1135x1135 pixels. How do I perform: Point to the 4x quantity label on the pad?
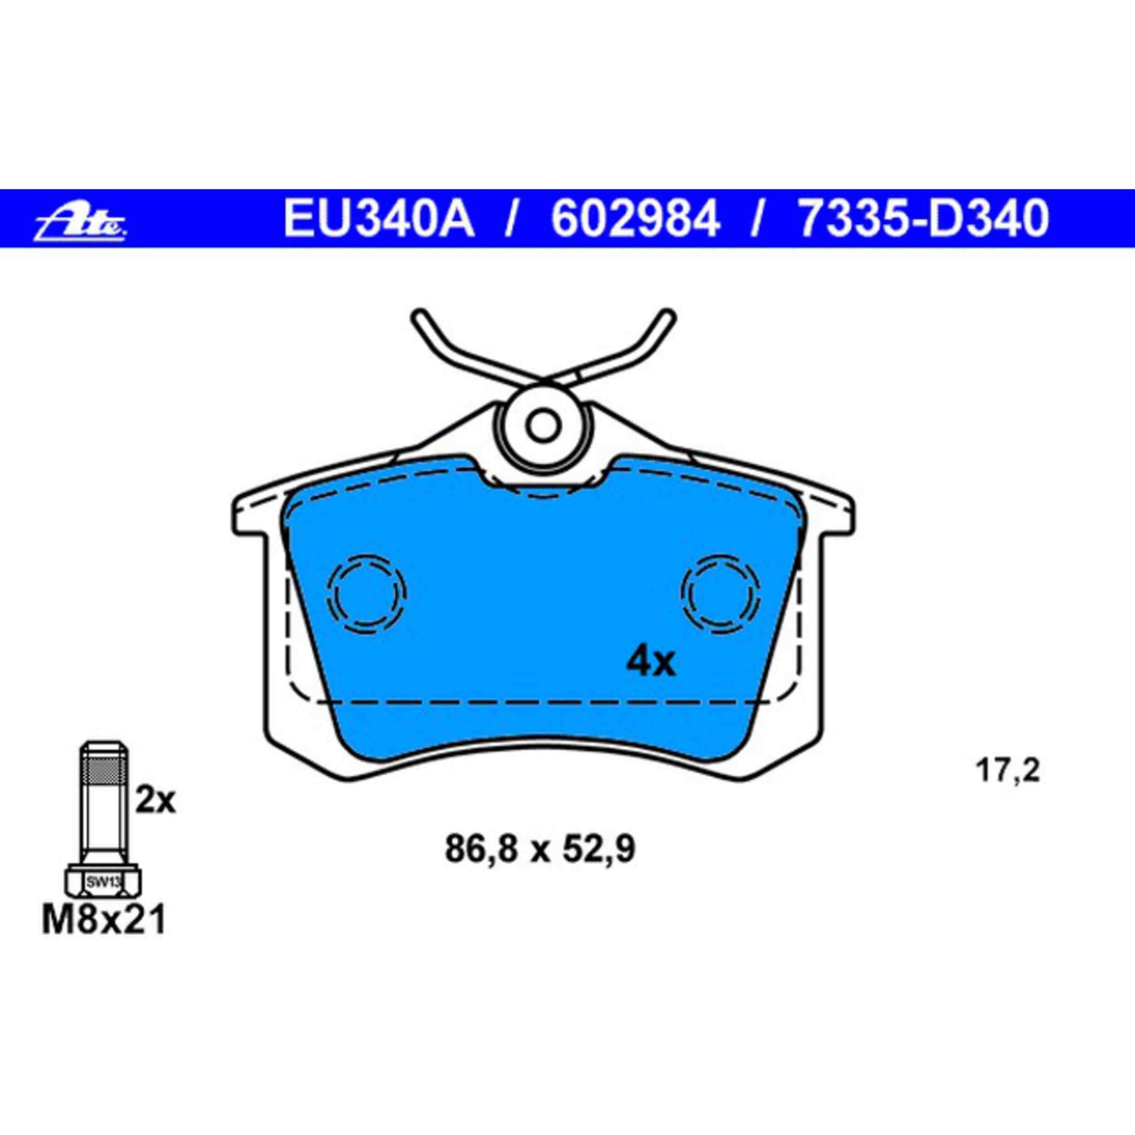[651, 663]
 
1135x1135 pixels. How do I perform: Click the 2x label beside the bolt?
[155, 801]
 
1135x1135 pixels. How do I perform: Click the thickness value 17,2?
[1008, 771]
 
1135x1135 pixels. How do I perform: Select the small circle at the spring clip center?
[541, 424]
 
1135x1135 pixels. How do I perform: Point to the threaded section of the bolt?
[104, 770]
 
